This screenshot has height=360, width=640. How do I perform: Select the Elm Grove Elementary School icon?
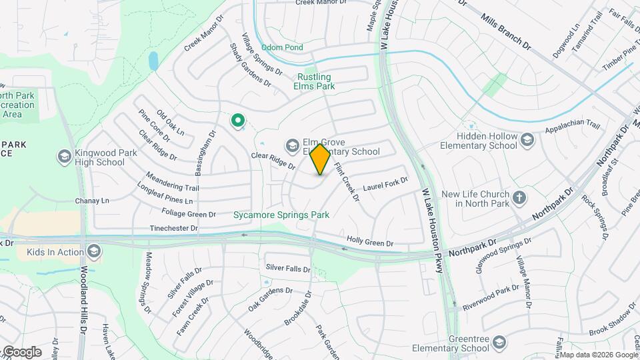(292, 145)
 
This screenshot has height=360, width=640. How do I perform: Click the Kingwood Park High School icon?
(65, 157)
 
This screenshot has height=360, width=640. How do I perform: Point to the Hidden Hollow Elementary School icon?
(527, 140)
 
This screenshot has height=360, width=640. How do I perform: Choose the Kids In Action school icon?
(94, 251)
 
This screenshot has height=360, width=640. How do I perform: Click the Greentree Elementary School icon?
(499, 343)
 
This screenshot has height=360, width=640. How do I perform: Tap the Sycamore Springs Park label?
(281, 215)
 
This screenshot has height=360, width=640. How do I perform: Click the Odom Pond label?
(281, 47)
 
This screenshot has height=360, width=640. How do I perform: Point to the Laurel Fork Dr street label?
(385, 185)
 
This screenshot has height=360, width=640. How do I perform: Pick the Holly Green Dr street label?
(369, 242)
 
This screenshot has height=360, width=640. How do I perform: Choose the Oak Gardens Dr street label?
(270, 299)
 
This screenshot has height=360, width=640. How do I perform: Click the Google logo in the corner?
(22, 352)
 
